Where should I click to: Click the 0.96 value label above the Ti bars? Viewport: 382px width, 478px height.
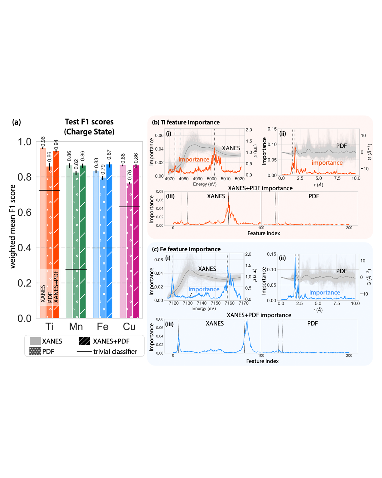pyautogui.click(x=43, y=142)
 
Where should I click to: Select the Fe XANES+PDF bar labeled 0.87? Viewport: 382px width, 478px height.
pyautogui.click(x=109, y=240)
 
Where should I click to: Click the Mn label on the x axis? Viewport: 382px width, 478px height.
pyautogui.click(x=76, y=327)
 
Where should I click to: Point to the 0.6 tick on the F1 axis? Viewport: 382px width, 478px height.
pyautogui.click(x=24, y=212)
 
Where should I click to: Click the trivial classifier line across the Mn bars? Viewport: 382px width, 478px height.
pyautogui.click(x=76, y=269)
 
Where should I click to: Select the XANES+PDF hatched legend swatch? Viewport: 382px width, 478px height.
pyautogui.click(x=84, y=341)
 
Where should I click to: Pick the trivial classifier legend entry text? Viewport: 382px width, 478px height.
pyautogui.click(x=115, y=351)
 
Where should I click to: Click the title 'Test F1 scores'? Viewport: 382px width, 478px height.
pyautogui.click(x=89, y=122)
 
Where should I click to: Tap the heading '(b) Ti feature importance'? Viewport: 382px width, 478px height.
pyautogui.click(x=186, y=122)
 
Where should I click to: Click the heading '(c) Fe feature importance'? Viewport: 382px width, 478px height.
pyautogui.click(x=186, y=249)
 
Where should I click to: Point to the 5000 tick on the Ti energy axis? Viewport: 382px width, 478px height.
pyautogui.click(x=212, y=179)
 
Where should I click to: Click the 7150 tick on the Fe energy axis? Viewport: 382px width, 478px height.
pyautogui.click(x=216, y=303)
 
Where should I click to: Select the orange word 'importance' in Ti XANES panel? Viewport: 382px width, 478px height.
pyautogui.click(x=194, y=159)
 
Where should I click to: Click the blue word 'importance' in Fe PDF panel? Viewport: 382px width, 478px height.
pyautogui.click(x=325, y=293)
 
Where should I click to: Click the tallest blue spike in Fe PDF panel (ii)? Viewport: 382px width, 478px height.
pyautogui.click(x=295, y=258)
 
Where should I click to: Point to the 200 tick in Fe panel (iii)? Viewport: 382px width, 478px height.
pyautogui.click(x=349, y=355)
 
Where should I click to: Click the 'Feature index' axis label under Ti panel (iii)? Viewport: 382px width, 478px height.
pyautogui.click(x=264, y=233)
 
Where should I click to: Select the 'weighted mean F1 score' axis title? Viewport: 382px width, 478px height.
pyautogui.click(x=13, y=226)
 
